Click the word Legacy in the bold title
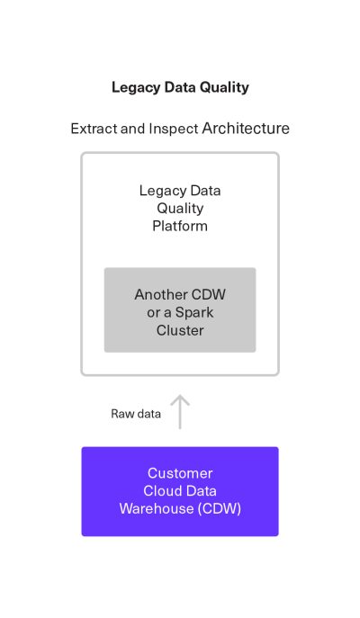133,87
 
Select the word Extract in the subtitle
93,129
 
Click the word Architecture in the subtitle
246,129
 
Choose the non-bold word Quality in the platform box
180,208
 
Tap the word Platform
180,226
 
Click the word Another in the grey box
161,295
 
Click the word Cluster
180,330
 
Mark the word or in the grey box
154,312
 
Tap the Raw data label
136,414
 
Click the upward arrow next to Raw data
180,411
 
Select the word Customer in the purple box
180,473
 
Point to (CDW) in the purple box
221,509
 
